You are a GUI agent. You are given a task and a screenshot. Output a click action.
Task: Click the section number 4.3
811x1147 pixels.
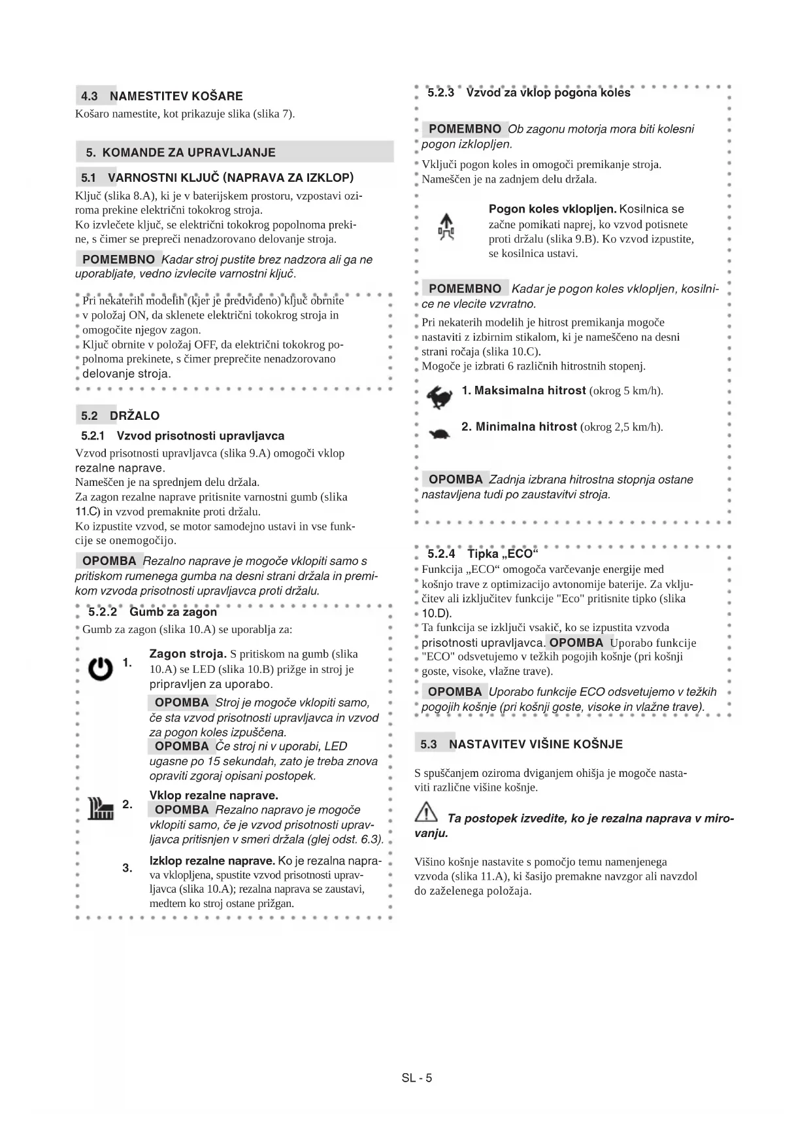coord(90,96)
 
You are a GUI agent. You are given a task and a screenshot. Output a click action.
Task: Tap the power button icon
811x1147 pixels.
coord(100,668)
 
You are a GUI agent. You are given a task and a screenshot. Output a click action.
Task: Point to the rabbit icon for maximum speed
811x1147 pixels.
coord(438,396)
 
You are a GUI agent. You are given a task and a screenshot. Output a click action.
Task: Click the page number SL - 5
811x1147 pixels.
coord(417,1078)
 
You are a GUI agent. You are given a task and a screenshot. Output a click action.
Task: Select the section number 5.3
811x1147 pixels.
coord(428,744)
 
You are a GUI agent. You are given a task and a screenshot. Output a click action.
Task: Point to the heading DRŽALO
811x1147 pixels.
coord(135,416)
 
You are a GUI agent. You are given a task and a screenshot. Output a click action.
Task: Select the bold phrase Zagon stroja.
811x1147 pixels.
coord(188,653)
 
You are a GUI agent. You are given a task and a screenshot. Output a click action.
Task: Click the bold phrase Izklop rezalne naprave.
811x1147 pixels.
coord(212,861)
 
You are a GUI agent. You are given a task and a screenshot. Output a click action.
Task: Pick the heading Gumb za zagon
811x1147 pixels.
coord(173,612)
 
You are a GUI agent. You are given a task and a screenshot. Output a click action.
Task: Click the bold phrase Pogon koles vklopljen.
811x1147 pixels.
coord(552,209)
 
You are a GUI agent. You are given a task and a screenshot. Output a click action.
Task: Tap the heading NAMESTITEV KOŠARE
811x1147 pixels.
coord(176,96)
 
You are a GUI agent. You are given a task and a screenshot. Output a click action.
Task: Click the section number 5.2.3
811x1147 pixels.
coord(441,93)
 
